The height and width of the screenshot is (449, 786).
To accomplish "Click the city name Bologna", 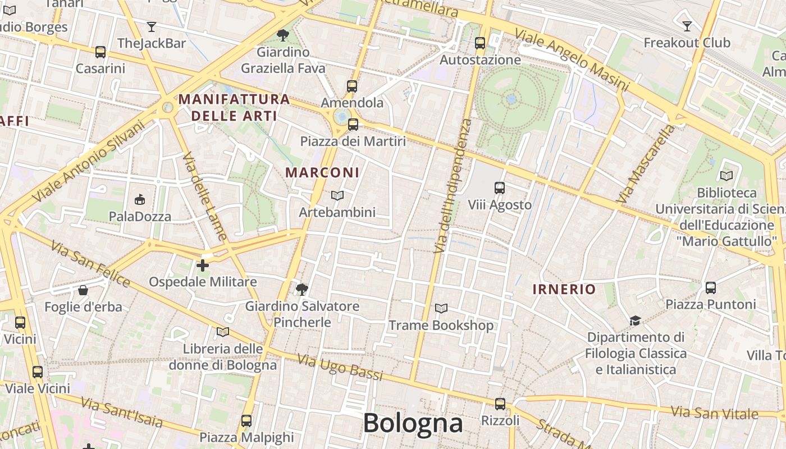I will click(413, 423).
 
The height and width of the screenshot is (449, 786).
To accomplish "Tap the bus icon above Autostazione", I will click(480, 43).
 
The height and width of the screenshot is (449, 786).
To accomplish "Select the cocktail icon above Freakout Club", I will click(687, 26).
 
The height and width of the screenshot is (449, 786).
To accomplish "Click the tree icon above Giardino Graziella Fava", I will click(283, 35).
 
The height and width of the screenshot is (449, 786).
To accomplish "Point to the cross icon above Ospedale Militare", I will click(203, 265).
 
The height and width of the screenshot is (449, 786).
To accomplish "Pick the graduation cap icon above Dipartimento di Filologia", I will click(635, 320).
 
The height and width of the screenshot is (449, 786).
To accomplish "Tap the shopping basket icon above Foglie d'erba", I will click(83, 290).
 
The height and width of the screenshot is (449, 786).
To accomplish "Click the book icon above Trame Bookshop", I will click(441, 309).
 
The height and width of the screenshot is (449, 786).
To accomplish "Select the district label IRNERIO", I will click(564, 290).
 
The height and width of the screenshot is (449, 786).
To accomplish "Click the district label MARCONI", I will click(322, 172).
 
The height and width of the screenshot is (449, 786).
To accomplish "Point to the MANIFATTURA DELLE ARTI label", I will click(234, 108).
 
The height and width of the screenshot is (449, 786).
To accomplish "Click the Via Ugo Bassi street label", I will click(340, 367).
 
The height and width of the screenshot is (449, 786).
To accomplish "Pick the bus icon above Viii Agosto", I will click(500, 188).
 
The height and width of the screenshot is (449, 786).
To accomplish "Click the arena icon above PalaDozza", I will click(140, 199).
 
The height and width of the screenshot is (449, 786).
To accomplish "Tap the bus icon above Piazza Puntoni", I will click(711, 288).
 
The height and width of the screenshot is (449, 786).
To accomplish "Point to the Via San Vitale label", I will click(715, 413).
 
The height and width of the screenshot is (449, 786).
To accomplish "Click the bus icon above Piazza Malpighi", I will click(246, 421).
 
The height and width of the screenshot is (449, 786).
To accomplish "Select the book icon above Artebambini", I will click(337, 195).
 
